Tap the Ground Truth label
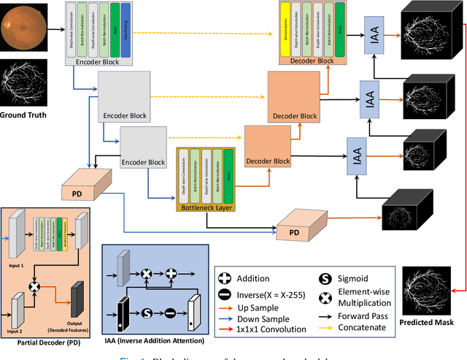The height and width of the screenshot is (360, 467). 24,115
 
